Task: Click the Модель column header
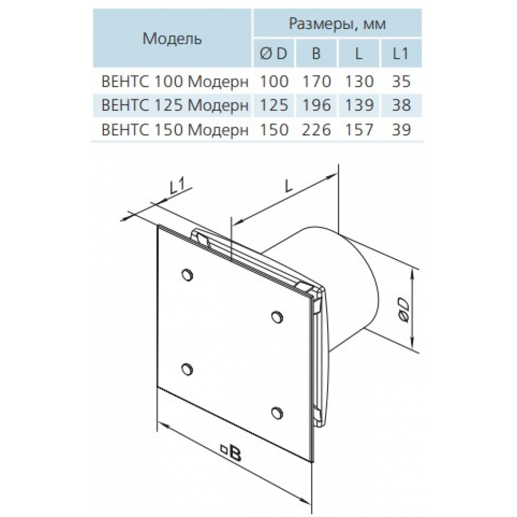point(172,39)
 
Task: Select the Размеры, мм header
point(337,24)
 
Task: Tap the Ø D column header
point(273,53)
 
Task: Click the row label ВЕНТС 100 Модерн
point(175,81)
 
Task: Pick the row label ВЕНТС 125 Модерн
point(175,105)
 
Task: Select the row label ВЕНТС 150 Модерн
point(175,130)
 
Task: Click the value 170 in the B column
point(316,81)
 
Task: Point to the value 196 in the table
point(316,105)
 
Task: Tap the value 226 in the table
point(316,130)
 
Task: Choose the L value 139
point(359,105)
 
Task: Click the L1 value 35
point(401,81)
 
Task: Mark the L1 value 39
point(401,130)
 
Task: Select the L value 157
point(359,130)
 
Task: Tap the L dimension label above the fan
point(288,186)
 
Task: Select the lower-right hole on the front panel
point(277,413)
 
